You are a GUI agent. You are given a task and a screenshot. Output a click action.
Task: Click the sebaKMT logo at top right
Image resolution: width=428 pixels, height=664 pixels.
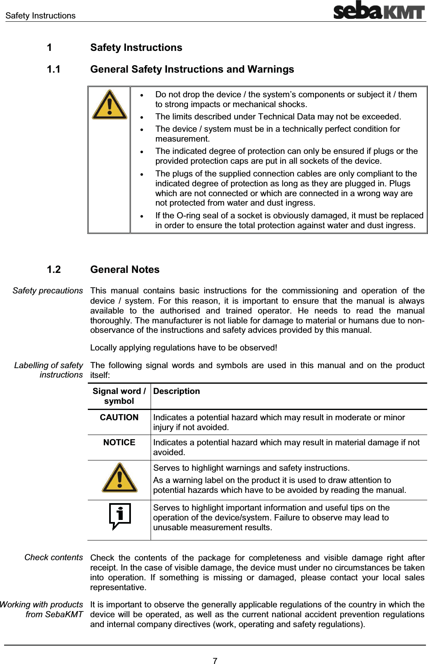tap(378, 11)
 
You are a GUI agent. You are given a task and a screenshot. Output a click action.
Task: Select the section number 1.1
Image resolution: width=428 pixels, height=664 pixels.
tap(54, 69)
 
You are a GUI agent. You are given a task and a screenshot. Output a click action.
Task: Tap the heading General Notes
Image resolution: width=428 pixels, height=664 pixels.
tap(125, 270)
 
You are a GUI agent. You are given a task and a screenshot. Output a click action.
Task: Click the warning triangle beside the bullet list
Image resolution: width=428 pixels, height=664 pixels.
tap(109, 105)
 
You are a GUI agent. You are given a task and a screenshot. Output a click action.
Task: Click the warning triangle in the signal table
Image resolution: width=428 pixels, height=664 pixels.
tap(119, 478)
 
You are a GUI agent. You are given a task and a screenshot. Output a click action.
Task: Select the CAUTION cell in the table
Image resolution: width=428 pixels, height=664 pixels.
tap(119, 417)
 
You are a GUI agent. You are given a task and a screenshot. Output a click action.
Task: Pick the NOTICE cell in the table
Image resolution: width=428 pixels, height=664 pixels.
tap(119, 442)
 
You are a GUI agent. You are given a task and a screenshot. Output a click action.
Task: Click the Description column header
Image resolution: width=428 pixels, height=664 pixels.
tap(176, 391)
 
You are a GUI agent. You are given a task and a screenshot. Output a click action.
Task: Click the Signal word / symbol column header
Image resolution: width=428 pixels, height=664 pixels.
tap(119, 396)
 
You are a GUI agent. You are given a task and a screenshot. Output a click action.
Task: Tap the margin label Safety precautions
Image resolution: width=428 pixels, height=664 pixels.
tap(48, 291)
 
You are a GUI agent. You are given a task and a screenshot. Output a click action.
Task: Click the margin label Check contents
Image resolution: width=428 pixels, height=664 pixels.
tap(53, 557)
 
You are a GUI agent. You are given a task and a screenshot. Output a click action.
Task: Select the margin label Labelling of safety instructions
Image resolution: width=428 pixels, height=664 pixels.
tap(48, 370)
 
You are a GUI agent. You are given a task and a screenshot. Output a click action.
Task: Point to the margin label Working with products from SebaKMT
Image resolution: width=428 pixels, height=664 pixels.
tap(41, 609)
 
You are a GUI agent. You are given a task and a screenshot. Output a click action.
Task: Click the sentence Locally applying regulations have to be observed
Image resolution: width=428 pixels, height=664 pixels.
tap(183, 348)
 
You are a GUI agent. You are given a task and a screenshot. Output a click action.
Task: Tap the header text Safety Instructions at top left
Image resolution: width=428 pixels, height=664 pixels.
tap(40, 16)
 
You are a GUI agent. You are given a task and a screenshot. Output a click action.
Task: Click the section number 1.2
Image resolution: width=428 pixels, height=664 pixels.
tap(54, 270)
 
